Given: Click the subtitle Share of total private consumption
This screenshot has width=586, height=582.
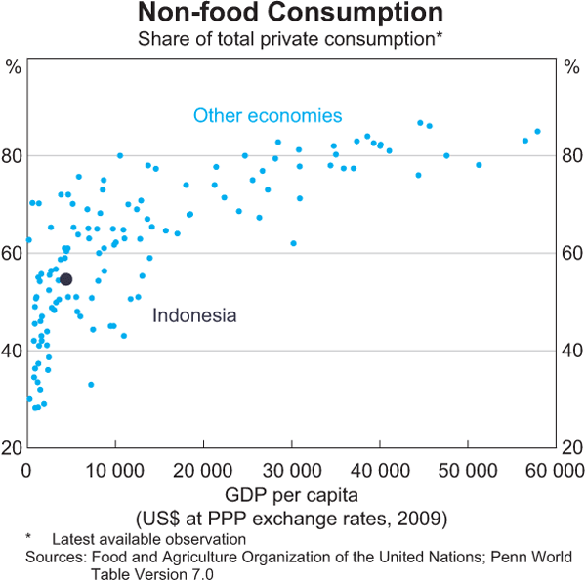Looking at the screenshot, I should click(x=288, y=39).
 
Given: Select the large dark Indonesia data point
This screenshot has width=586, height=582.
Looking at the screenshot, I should click(x=66, y=279).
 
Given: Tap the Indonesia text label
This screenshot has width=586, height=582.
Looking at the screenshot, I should click(x=194, y=315).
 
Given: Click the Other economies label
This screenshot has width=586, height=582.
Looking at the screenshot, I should click(x=268, y=115).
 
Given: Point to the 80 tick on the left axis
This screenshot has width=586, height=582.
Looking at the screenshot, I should click(x=13, y=156).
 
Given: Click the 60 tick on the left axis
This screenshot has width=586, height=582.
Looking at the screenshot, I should click(x=13, y=253).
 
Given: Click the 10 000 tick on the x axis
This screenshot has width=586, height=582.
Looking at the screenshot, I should click(x=115, y=470).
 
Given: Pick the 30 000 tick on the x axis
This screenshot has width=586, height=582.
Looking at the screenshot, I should click(x=292, y=470).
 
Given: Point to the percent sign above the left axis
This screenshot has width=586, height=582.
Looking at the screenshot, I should click(x=14, y=67).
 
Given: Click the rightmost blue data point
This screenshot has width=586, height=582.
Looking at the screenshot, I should click(x=537, y=131).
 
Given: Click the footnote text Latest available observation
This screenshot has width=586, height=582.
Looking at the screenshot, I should click(x=148, y=539).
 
